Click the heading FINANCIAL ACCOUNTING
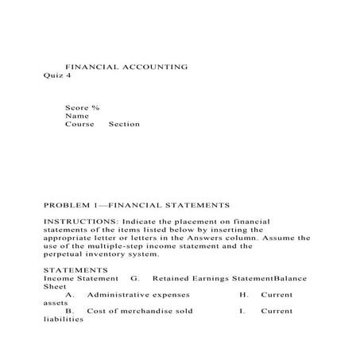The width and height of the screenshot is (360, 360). tap(126, 67)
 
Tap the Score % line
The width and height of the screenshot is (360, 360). tap(82, 106)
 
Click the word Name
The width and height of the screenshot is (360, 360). tap(76, 115)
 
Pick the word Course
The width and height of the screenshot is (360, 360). tap(79, 124)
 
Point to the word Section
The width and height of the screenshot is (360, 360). tap(123, 124)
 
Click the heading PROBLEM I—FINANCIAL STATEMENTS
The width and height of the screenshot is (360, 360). tap(136, 204)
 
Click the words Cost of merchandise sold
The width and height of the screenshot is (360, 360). tap(140, 311)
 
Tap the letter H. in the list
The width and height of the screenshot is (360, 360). tap(244, 295)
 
